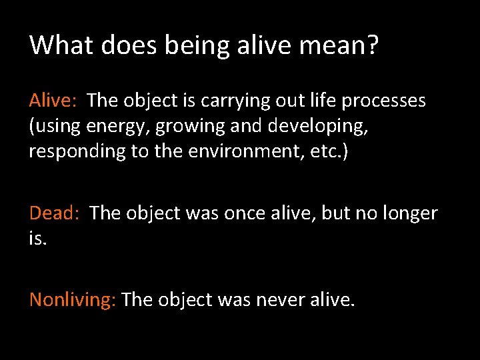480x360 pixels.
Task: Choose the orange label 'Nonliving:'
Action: pos(73,300)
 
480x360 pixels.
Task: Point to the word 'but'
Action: pos(337,213)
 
